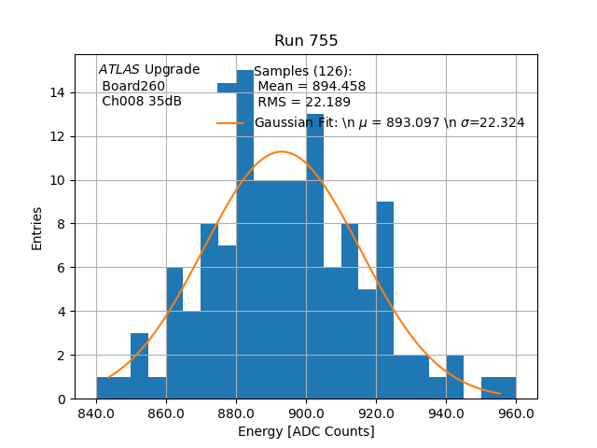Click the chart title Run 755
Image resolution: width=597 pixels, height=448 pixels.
point(306,41)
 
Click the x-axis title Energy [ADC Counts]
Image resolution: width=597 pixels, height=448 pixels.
point(306,431)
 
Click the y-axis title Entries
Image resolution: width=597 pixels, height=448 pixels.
point(37,227)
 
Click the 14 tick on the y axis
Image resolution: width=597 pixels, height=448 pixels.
point(58,92)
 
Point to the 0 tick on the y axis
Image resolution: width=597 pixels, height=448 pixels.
point(62,399)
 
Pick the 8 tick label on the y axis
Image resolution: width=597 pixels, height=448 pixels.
point(62,224)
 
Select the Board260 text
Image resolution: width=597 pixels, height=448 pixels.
point(133,86)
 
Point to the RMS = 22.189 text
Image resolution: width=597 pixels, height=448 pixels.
point(304,103)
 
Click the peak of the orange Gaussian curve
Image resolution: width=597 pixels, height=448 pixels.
point(282,151)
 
